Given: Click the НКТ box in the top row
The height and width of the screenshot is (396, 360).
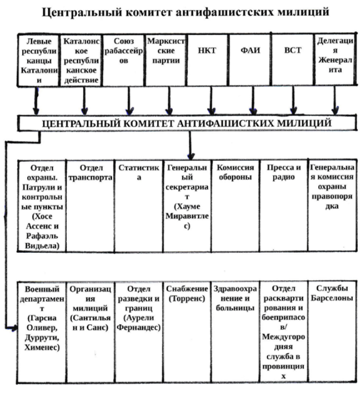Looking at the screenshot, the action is pyautogui.click(x=207, y=60).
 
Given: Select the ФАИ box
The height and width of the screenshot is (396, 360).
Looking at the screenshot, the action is pyautogui.click(x=250, y=60).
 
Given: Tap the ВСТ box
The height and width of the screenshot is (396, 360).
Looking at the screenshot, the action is pyautogui.click(x=293, y=60).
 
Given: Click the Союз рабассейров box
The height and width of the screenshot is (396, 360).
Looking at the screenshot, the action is pyautogui.click(x=124, y=60).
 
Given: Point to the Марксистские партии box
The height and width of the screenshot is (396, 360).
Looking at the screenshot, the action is pyautogui.click(x=166, y=60).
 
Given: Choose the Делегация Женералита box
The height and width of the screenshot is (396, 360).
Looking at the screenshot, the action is pyautogui.click(x=335, y=60).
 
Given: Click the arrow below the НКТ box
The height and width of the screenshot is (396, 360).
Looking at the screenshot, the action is pyautogui.click(x=211, y=100).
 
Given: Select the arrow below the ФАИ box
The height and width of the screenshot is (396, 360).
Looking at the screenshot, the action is pyautogui.click(x=253, y=100).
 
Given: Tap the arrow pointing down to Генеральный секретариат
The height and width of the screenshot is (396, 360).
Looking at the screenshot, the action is pyautogui.click(x=191, y=145).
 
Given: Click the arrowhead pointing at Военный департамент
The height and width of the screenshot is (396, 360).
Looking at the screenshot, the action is pyautogui.click(x=14, y=328).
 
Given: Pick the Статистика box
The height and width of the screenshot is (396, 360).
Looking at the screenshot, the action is pyautogui.click(x=139, y=206).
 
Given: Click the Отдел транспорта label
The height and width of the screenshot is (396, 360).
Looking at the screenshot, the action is pyautogui.click(x=90, y=173).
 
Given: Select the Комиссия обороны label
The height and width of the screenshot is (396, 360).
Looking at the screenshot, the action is pyautogui.click(x=235, y=172).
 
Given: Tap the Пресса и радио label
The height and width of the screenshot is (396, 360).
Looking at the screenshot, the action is pyautogui.click(x=284, y=172).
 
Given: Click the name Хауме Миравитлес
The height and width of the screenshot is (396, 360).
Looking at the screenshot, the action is pyautogui.click(x=187, y=216).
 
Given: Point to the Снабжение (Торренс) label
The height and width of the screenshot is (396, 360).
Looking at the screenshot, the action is pyautogui.click(x=187, y=294).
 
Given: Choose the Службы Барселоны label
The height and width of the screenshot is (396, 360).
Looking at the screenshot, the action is pyautogui.click(x=332, y=293).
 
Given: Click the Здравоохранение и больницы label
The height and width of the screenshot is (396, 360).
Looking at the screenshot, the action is pyautogui.click(x=235, y=299).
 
